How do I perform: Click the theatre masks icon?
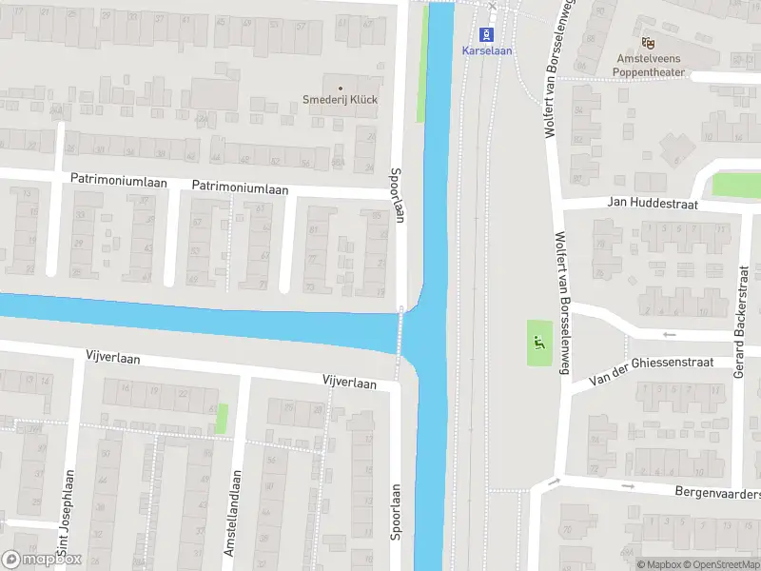click(x=649, y=42)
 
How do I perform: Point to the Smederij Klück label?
click(x=340, y=100)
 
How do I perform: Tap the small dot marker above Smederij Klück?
click(x=340, y=88)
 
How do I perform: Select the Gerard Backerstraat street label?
click(x=739, y=334)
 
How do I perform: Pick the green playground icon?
click(x=539, y=345)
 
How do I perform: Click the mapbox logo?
click(x=42, y=559)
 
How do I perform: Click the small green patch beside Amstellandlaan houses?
click(x=223, y=418)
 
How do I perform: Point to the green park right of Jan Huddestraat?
click(x=735, y=184)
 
